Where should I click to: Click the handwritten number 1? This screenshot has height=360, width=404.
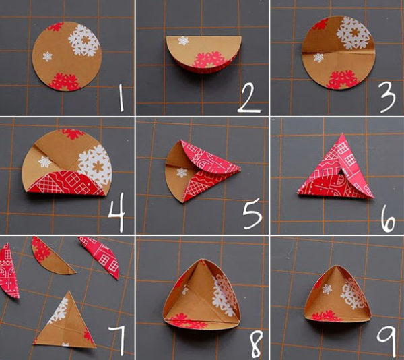(x=121, y=98)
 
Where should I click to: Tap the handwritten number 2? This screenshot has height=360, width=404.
(x=249, y=98)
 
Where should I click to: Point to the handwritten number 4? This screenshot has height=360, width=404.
(x=117, y=212)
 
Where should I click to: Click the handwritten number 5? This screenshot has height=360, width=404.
(x=252, y=214)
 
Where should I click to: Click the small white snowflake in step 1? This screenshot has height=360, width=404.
(x=47, y=57)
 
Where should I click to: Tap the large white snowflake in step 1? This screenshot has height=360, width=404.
(x=84, y=40)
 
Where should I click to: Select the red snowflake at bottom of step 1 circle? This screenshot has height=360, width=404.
(x=64, y=82)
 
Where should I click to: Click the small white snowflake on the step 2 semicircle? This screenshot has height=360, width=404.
(x=183, y=40)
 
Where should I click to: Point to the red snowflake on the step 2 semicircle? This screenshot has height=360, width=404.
(x=209, y=60)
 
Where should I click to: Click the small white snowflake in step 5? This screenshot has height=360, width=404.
(x=182, y=173)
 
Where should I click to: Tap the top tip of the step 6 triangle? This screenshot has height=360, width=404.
(x=343, y=133)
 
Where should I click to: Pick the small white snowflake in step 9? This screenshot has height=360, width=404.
(x=327, y=289)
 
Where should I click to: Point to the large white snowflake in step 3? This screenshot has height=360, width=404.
(x=354, y=33)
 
